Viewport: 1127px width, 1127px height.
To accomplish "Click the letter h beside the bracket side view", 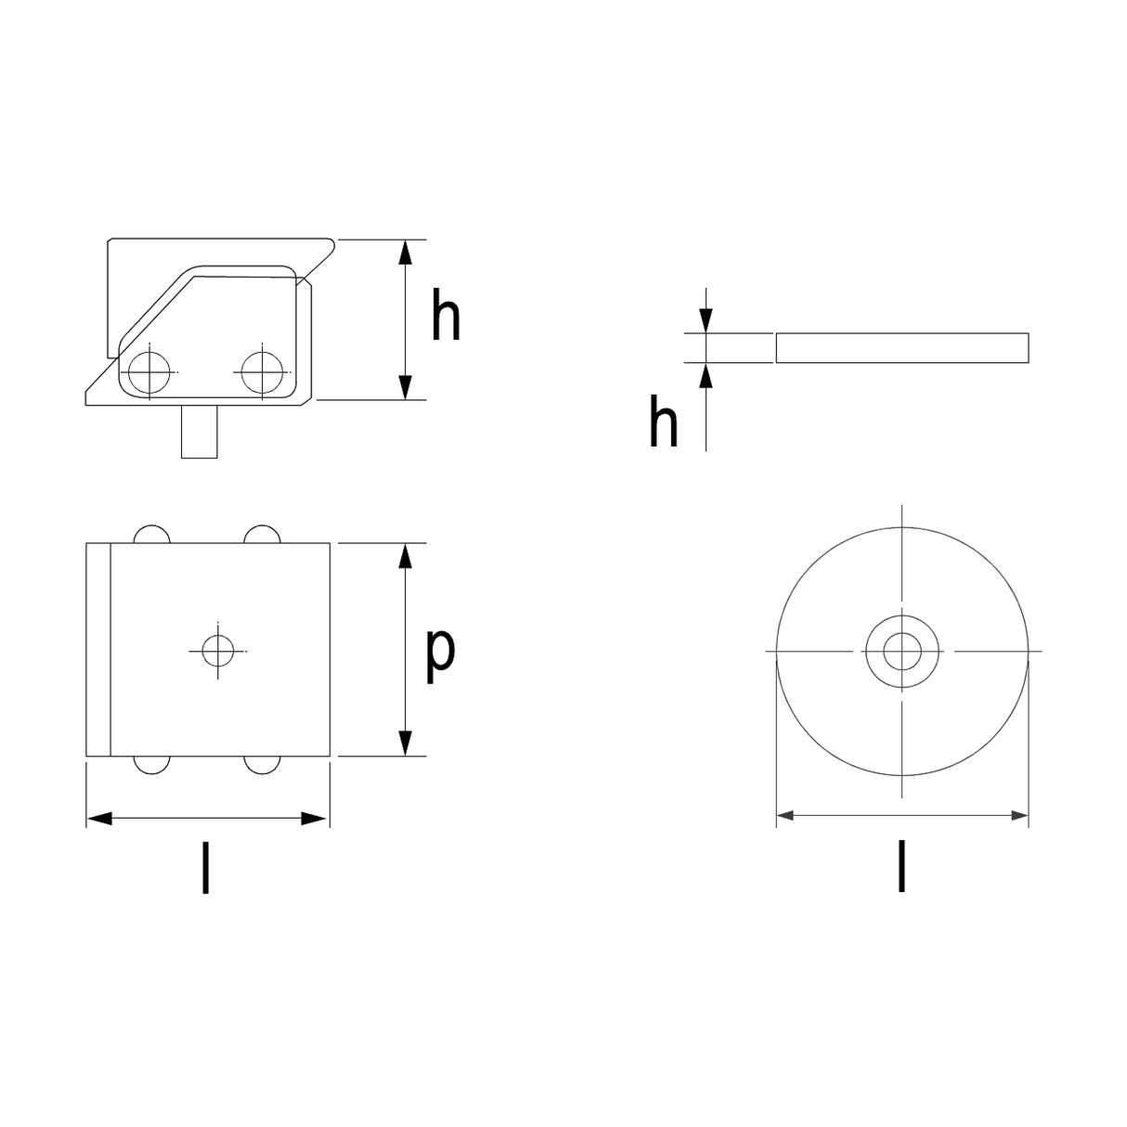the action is (x=446, y=314).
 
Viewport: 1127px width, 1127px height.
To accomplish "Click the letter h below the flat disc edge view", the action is (x=663, y=421).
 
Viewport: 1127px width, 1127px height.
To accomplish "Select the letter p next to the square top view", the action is (x=440, y=655).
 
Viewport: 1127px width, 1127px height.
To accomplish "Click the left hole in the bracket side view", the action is (x=149, y=372).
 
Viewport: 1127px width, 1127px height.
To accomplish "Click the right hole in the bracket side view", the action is (x=262, y=372).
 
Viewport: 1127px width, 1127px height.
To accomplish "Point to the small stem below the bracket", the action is (x=200, y=432).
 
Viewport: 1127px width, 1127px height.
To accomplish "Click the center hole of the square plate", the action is (x=218, y=651).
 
